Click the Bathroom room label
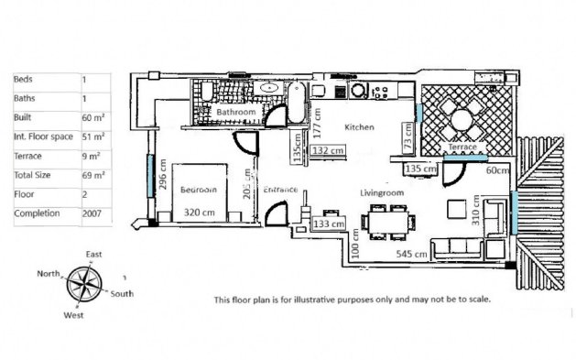234,113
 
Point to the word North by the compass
49,274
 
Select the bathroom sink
268,90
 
